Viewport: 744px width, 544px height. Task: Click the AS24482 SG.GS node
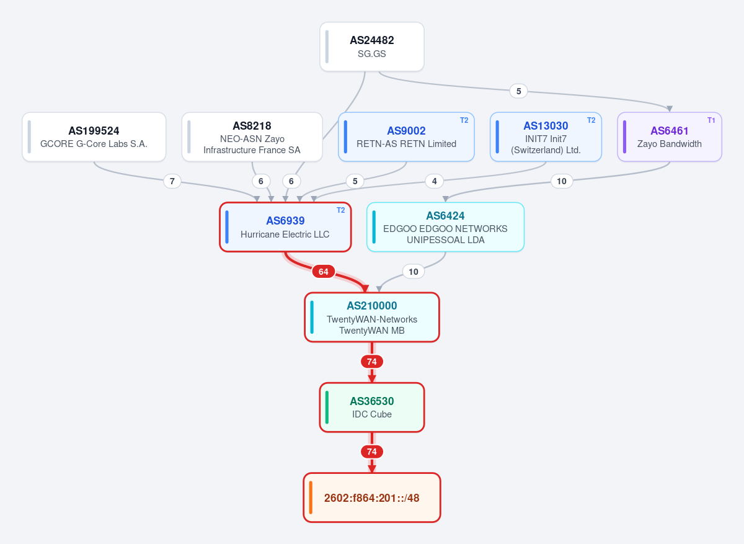click(371, 47)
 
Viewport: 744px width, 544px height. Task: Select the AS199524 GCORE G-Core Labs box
click(94, 137)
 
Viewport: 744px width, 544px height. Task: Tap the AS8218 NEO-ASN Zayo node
click(252, 137)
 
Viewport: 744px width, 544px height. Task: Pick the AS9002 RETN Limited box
click(406, 137)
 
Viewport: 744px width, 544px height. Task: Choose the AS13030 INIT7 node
click(546, 137)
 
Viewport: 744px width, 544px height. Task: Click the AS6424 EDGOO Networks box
click(445, 227)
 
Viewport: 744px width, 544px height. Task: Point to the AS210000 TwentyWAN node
click(371, 317)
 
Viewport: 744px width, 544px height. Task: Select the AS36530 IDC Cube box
click(371, 408)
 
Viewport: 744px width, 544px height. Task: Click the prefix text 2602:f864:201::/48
click(371, 498)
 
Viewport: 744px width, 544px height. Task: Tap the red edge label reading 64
click(323, 272)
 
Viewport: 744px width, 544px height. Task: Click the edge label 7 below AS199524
click(172, 181)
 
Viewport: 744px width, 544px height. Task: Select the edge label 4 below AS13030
click(434, 181)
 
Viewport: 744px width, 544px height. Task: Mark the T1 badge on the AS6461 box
click(711, 120)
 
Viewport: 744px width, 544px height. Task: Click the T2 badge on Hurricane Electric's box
click(340, 210)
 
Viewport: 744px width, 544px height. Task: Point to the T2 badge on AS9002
click(464, 120)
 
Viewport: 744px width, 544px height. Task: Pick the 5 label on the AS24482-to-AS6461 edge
click(518, 91)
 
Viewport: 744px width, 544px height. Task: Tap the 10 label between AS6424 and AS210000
click(413, 272)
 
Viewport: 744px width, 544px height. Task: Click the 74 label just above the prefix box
click(371, 452)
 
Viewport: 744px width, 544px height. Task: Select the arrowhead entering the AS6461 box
click(669, 109)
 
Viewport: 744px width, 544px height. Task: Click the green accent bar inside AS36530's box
click(327, 408)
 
